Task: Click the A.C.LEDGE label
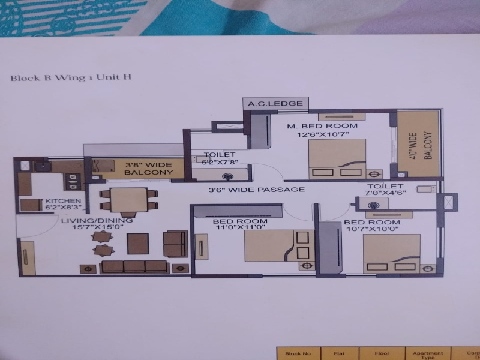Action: click(x=275, y=103)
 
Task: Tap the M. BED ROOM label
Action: click(x=322, y=126)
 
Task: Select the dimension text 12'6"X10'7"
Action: click(x=323, y=134)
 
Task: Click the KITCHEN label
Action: click(x=63, y=201)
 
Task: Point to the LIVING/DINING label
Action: click(x=97, y=220)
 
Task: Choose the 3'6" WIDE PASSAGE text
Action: click(x=257, y=190)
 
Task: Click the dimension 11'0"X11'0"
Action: click(x=241, y=227)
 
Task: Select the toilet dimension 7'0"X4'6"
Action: click(x=385, y=193)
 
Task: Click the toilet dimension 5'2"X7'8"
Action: click(x=220, y=162)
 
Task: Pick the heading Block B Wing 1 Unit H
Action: click(x=71, y=77)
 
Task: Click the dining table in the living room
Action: click(x=128, y=200)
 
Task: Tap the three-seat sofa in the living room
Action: click(x=134, y=266)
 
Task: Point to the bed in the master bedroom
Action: click(x=337, y=159)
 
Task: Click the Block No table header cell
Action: click(x=298, y=353)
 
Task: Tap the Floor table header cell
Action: click(x=382, y=353)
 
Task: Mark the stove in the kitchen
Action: click(x=73, y=182)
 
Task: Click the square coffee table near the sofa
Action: click(x=138, y=244)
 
